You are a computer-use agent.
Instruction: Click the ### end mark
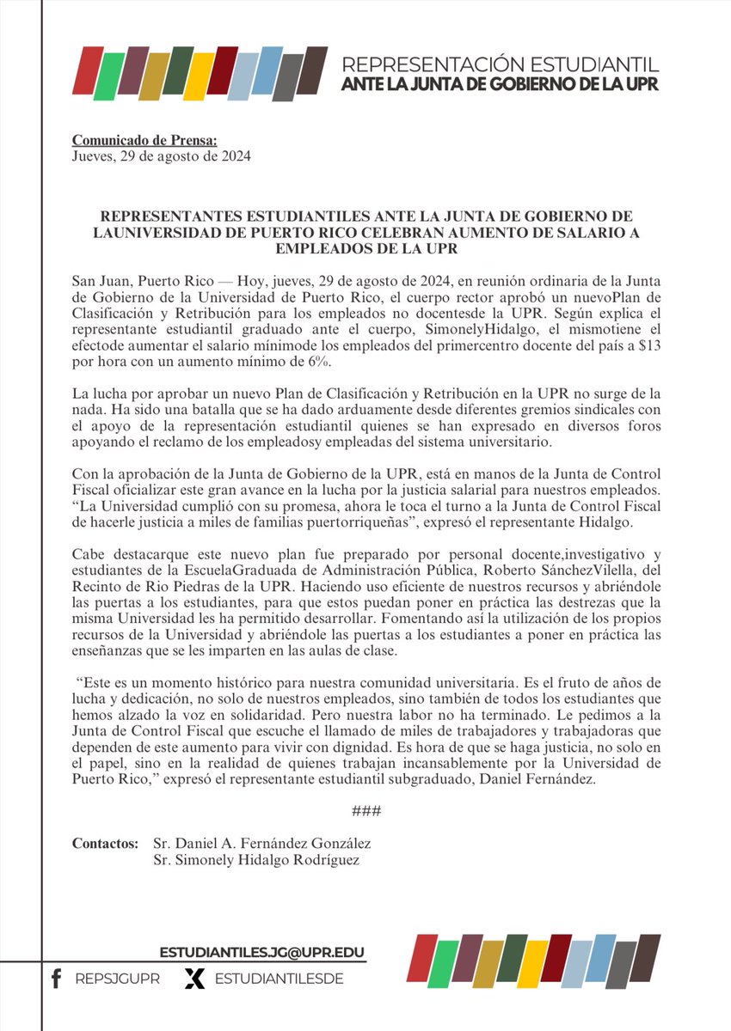pyautogui.click(x=366, y=812)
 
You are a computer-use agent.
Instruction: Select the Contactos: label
pyautogui.click(x=105, y=844)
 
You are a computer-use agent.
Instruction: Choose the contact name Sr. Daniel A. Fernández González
pyautogui.click(x=261, y=844)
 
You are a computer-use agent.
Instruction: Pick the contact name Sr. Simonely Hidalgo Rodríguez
pyautogui.click(x=255, y=861)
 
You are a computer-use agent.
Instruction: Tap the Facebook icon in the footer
pyautogui.click(x=57, y=979)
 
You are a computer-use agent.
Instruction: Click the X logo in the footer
pyautogui.click(x=195, y=979)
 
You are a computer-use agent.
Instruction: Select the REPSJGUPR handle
pyautogui.click(x=117, y=979)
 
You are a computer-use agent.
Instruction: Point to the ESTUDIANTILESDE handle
pyautogui.click(x=279, y=979)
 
